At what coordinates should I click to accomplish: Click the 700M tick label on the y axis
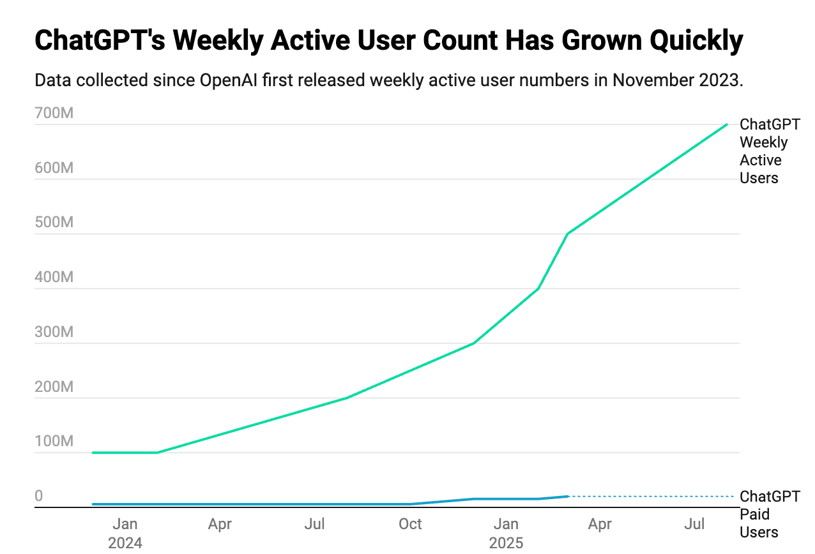[x=54, y=114]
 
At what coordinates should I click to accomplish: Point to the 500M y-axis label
[x=54, y=223]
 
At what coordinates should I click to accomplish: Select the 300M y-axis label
[x=54, y=333]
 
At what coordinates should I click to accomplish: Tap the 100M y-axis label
[x=54, y=442]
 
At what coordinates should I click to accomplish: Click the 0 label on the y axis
[x=39, y=497]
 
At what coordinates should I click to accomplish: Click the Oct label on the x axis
[x=410, y=525]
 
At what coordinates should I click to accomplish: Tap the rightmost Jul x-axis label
[x=694, y=525]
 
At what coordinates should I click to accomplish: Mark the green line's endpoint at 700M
[x=727, y=124]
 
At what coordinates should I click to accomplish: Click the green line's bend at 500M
[x=568, y=234]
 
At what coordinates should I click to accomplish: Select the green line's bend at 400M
[x=538, y=288]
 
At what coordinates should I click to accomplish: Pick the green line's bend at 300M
[x=473, y=343]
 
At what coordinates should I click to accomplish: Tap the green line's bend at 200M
[x=346, y=398]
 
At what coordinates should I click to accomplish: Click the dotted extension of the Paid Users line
[x=651, y=496]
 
